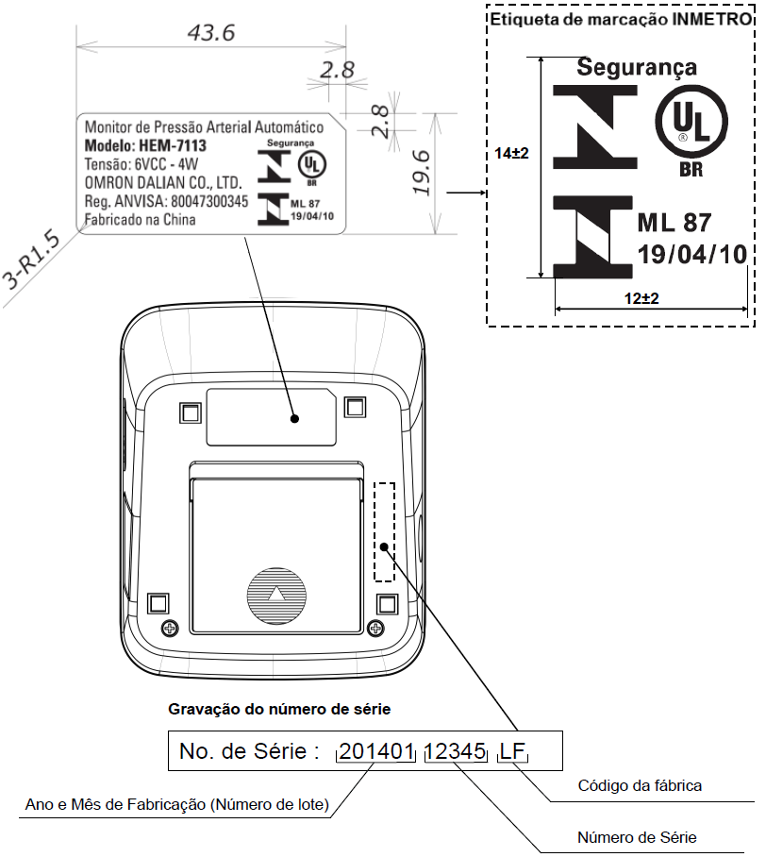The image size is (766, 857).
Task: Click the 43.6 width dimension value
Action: click(x=211, y=33)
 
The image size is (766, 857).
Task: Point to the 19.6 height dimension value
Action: click(x=423, y=173)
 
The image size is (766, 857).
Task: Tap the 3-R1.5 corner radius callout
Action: click(x=31, y=259)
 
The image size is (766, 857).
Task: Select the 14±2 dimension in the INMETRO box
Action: click(x=511, y=153)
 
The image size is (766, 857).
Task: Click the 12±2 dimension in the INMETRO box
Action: click(x=641, y=298)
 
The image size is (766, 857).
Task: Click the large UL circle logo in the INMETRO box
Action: click(x=691, y=122)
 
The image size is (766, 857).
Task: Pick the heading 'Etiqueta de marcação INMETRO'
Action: click(x=620, y=19)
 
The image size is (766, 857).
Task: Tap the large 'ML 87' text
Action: click(x=674, y=223)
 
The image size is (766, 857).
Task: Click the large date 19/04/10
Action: click(x=692, y=254)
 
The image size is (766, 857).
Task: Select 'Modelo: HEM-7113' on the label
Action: click(x=145, y=146)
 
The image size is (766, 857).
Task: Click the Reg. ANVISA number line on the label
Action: click(x=166, y=201)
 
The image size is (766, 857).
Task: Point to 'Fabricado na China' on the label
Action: click(x=140, y=220)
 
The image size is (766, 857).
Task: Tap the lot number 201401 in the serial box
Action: click(x=375, y=751)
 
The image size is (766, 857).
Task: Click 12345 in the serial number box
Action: click(x=455, y=751)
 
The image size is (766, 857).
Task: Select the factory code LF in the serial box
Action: click(x=512, y=751)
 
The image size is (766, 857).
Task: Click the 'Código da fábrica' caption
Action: click(x=640, y=785)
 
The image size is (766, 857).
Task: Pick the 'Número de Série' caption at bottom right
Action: click(x=637, y=837)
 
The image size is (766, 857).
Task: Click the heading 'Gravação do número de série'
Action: click(x=279, y=709)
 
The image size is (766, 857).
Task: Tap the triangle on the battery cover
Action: click(x=277, y=594)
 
